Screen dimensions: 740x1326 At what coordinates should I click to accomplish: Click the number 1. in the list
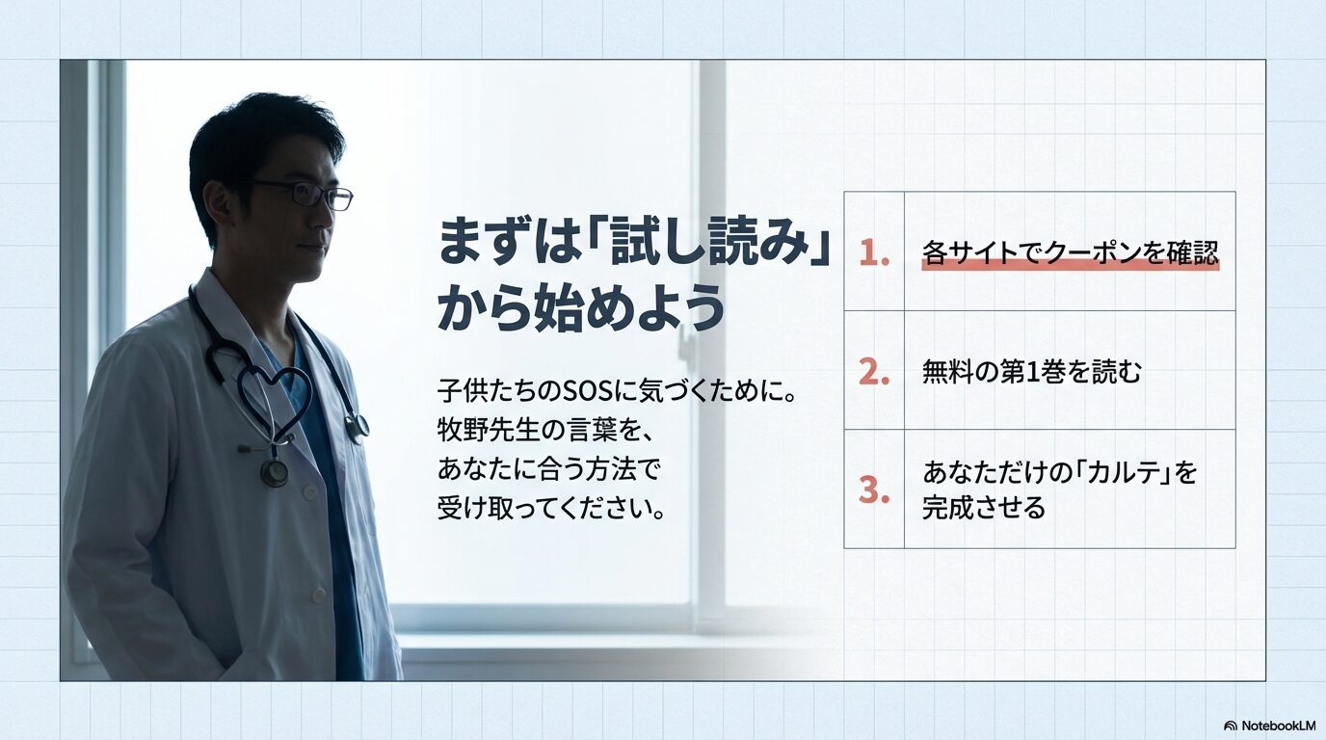874,252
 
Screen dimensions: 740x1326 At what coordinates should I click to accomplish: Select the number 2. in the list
874,371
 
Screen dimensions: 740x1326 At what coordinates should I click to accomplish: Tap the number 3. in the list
874,489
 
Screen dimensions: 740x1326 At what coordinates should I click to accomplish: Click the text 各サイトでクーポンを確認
1070,252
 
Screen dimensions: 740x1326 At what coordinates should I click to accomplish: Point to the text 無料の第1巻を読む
1031,371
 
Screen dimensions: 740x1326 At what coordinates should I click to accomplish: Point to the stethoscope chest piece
274,472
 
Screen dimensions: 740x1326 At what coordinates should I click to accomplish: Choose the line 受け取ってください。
552,508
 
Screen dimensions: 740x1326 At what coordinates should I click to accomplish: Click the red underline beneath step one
1070,267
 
